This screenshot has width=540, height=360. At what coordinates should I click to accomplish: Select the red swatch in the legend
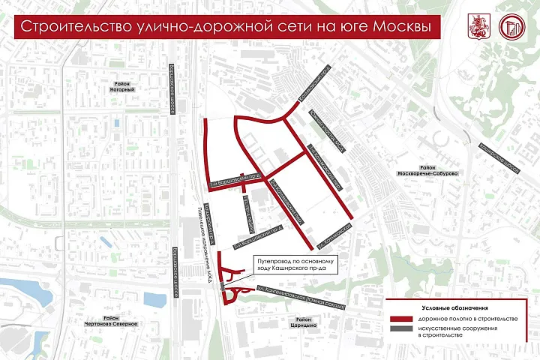pos(401,319)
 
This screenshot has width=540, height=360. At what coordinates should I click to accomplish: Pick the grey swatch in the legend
pos(401,331)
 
